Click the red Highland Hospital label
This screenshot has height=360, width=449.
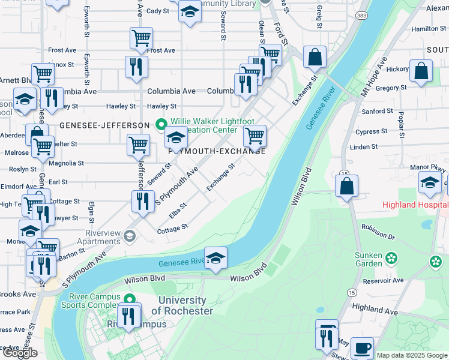[x=415, y=205]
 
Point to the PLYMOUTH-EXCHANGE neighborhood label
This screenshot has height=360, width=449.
[x=217, y=151]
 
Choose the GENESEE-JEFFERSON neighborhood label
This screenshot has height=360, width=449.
[x=104, y=125]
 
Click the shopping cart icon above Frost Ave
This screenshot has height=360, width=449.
[x=141, y=38]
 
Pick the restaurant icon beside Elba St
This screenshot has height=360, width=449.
[x=143, y=201]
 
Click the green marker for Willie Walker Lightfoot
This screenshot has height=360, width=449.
[x=160, y=125]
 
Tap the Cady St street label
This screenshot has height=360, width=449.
[x=158, y=11]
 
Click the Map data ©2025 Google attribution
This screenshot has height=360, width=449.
[x=411, y=355]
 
